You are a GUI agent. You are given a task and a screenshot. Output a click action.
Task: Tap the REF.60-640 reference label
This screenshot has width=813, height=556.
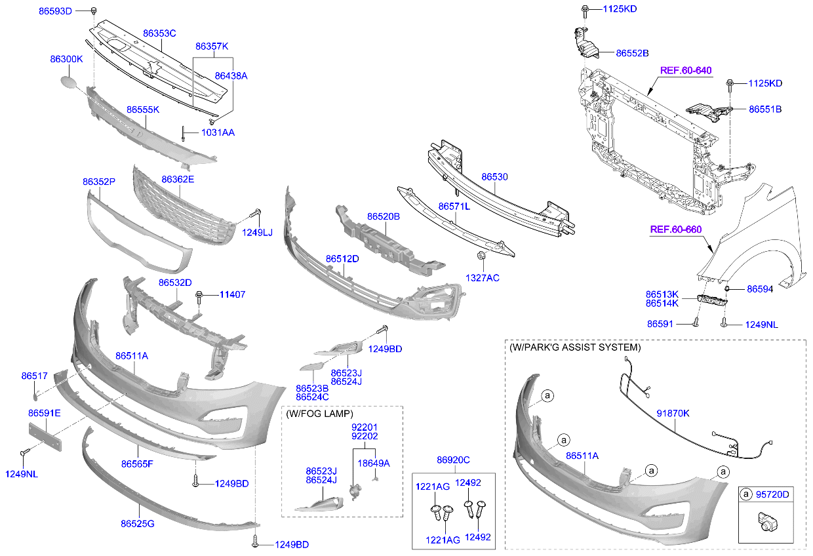(685, 70)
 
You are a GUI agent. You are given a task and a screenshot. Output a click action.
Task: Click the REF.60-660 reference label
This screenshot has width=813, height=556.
(675, 229)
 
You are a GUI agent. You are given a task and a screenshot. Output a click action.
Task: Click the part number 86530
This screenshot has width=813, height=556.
(494, 177)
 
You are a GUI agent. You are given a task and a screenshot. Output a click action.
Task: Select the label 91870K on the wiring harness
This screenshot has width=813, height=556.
(673, 413)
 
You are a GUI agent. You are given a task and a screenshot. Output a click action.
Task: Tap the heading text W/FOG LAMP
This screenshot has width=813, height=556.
(319, 414)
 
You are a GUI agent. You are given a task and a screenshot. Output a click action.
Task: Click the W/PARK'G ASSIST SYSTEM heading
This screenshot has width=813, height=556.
(574, 347)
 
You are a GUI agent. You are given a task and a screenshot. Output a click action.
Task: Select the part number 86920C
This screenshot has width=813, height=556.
(453, 460)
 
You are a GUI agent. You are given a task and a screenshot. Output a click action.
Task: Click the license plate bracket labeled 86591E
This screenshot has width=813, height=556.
(45, 437)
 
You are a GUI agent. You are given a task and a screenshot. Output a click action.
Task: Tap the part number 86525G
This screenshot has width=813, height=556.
(137, 523)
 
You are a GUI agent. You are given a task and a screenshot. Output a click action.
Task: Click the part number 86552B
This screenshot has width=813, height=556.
(632, 52)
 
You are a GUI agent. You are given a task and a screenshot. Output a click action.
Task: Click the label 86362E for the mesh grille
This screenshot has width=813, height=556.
(178, 178)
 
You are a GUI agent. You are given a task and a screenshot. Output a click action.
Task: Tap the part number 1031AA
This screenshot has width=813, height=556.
(218, 132)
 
